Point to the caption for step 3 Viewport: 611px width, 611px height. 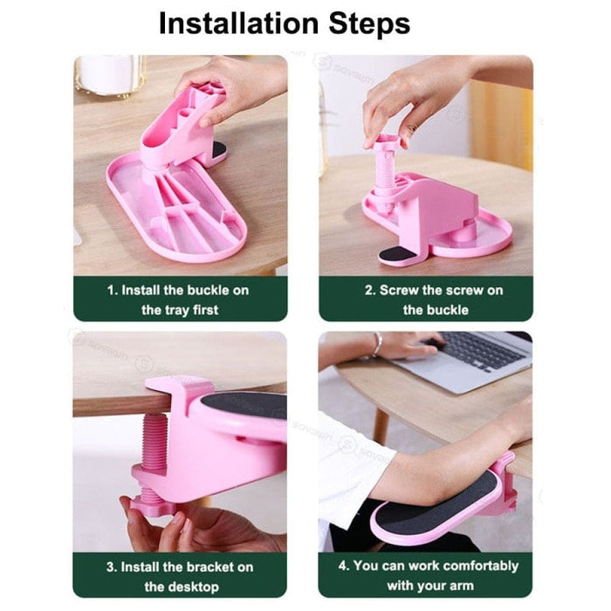[x=180, y=576]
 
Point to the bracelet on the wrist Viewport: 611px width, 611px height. [x=376, y=345]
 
